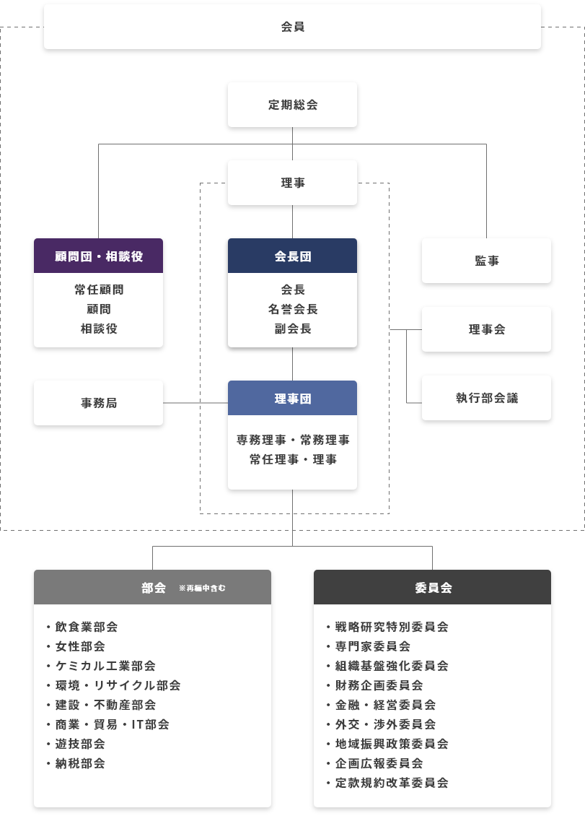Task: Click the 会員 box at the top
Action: click(x=292, y=27)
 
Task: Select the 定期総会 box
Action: click(x=292, y=105)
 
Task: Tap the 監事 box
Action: click(x=486, y=261)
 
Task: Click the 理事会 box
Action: click(x=486, y=329)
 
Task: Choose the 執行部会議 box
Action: click(x=486, y=398)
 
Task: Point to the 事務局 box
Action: click(x=98, y=403)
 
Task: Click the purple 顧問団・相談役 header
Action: click(x=98, y=256)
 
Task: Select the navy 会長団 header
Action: click(x=292, y=256)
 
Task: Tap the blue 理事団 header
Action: click(x=292, y=399)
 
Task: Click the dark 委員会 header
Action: click(x=432, y=587)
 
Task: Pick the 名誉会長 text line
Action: click(x=292, y=309)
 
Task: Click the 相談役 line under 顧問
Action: click(x=98, y=329)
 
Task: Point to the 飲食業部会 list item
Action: click(x=86, y=627)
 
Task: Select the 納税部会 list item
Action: click(x=79, y=763)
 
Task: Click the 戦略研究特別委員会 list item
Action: click(x=391, y=627)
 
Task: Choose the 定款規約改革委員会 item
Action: click(x=391, y=783)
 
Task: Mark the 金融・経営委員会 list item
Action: click(x=384, y=705)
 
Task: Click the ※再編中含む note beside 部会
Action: click(x=202, y=588)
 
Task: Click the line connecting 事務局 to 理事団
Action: click(x=195, y=403)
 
